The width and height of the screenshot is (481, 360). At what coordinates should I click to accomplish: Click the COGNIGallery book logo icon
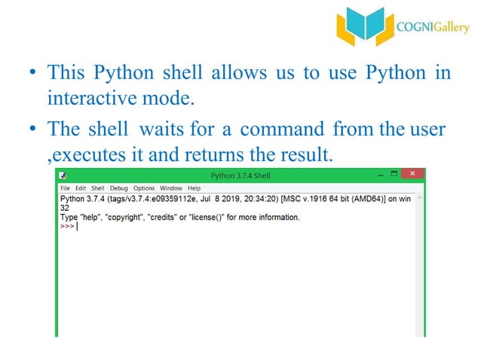coord(364,28)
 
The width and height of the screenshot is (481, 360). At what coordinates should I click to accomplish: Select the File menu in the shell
coord(65,188)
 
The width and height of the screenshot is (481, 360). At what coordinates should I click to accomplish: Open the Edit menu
coord(80,188)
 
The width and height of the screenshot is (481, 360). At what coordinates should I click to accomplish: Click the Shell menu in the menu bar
coord(98,188)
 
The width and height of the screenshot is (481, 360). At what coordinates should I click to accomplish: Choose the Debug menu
coord(119,188)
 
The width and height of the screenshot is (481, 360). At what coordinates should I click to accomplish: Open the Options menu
coord(144,188)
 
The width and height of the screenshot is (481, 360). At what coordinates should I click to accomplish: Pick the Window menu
coord(171,188)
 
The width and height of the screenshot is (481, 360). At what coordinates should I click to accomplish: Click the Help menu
coord(194,188)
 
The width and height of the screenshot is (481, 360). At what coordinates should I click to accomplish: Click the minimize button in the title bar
coord(372,175)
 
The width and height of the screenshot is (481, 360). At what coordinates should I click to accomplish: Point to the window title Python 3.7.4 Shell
coord(240,175)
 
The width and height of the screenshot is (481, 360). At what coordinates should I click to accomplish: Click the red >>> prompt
coord(66,226)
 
